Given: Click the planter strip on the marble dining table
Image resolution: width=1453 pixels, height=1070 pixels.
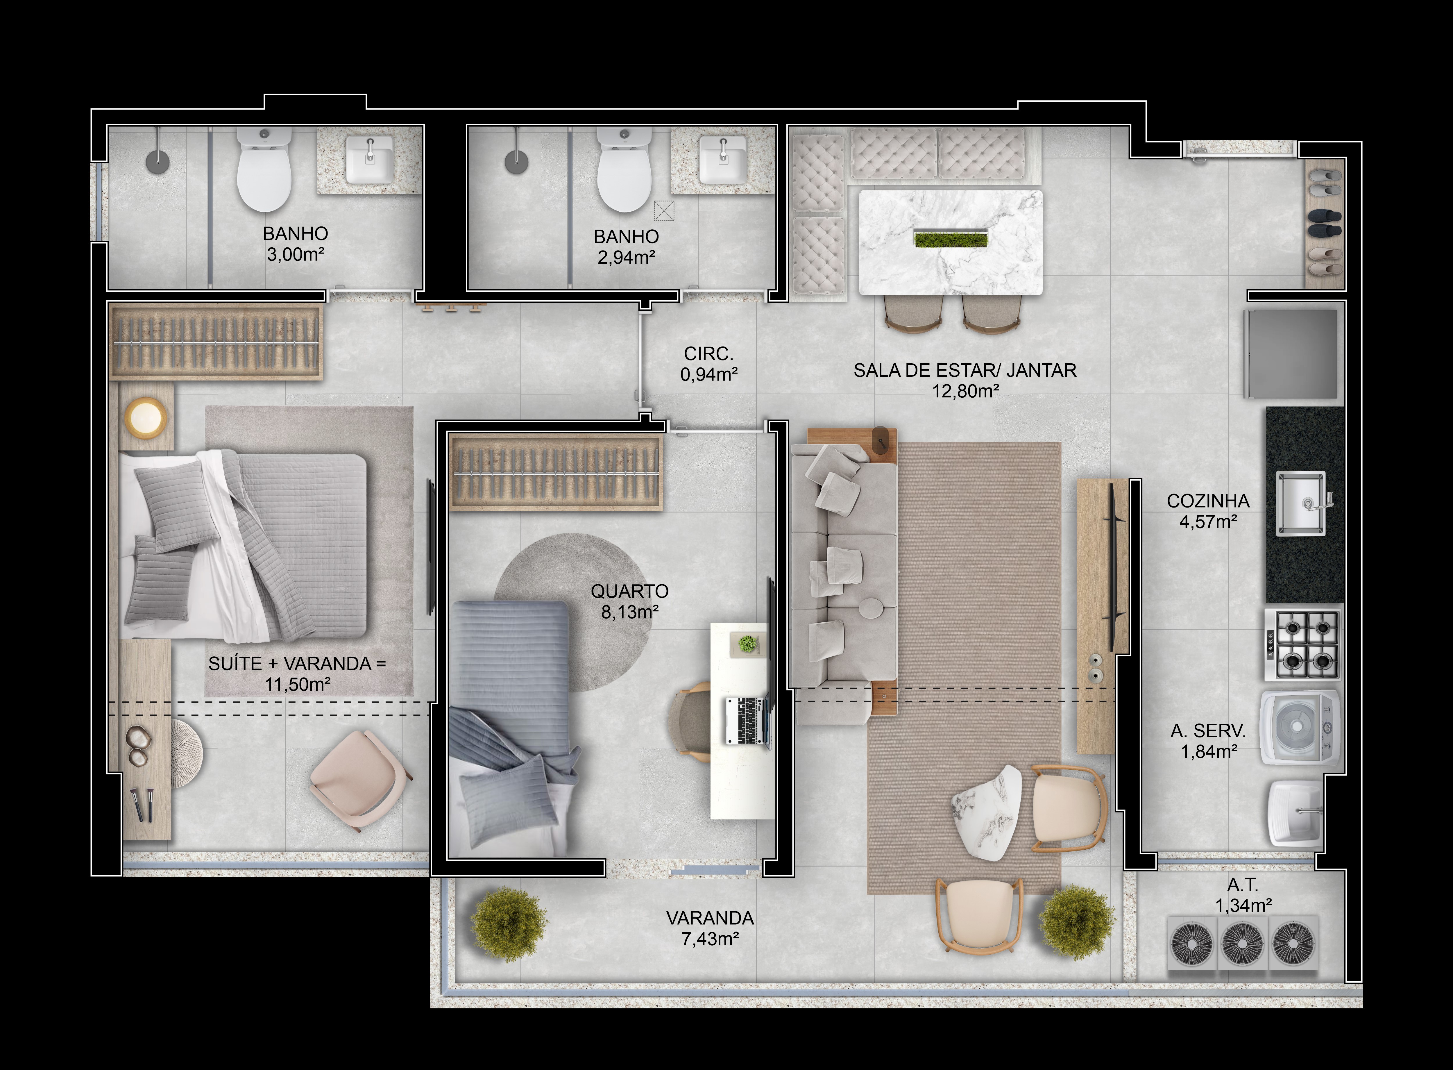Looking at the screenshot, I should click(x=951, y=240).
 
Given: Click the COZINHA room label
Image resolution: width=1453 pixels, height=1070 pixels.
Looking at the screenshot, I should click(x=1208, y=501).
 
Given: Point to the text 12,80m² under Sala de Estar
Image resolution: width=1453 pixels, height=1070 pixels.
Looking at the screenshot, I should click(x=965, y=391).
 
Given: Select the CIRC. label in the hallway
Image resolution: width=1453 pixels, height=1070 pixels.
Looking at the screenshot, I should click(x=708, y=354).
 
